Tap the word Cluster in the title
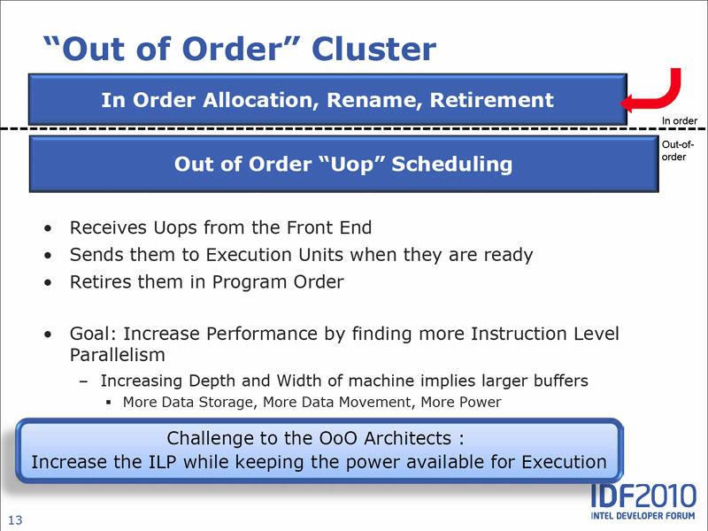(373, 49)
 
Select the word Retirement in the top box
(492, 100)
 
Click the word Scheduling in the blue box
(452, 165)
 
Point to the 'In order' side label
(679, 121)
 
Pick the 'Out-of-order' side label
(677, 150)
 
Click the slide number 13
(15, 520)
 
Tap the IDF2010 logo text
(644, 496)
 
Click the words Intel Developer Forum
(643, 516)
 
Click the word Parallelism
(118, 356)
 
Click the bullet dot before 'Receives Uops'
(49, 228)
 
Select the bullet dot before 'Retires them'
(49, 282)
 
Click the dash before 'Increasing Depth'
(83, 381)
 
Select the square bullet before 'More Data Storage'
(108, 403)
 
